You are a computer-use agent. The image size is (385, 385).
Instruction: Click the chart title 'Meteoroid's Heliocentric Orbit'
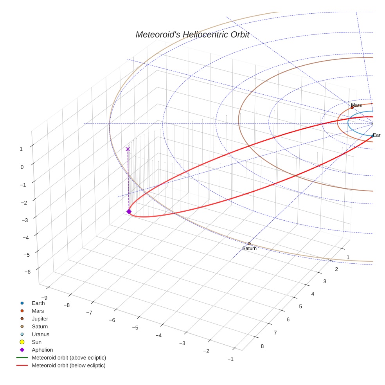(x=192, y=34)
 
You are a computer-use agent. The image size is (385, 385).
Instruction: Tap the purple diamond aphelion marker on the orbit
(x=129, y=212)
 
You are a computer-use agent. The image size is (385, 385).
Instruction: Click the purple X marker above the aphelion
(x=128, y=149)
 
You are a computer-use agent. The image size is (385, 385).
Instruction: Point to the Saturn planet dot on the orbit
(x=249, y=244)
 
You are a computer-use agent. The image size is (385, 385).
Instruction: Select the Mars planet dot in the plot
(x=352, y=108)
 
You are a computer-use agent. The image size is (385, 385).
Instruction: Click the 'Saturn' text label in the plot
(x=249, y=248)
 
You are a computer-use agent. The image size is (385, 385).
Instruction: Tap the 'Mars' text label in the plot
(x=356, y=105)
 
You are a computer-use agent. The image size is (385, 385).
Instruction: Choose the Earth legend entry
(x=38, y=303)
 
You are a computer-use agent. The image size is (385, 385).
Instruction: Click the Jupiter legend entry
(x=40, y=318)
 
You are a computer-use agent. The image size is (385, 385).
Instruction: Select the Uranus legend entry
(x=40, y=334)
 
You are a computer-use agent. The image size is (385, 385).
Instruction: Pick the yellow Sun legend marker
(x=22, y=342)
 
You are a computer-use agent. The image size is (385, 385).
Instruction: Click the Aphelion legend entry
(x=42, y=350)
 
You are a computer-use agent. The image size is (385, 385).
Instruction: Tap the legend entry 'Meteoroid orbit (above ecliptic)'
(x=69, y=358)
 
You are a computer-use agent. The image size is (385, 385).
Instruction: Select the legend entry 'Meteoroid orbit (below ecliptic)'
(x=68, y=365)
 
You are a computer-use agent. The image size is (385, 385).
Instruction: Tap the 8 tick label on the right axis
(x=262, y=346)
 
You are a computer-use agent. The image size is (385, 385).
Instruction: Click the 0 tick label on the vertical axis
(x=22, y=167)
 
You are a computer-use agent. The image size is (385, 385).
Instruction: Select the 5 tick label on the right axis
(x=300, y=306)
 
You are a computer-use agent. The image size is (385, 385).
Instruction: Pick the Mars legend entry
(x=38, y=311)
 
